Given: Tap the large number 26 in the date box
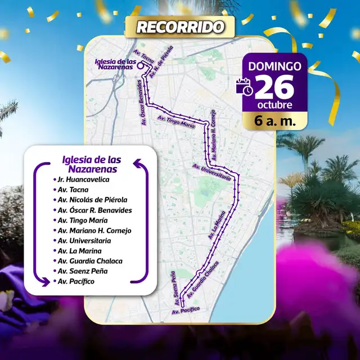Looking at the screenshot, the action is [x=276, y=87].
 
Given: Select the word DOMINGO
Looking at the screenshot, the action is [x=274, y=66].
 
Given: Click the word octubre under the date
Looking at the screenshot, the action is [x=274, y=106].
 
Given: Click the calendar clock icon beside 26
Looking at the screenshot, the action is [x=245, y=87].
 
